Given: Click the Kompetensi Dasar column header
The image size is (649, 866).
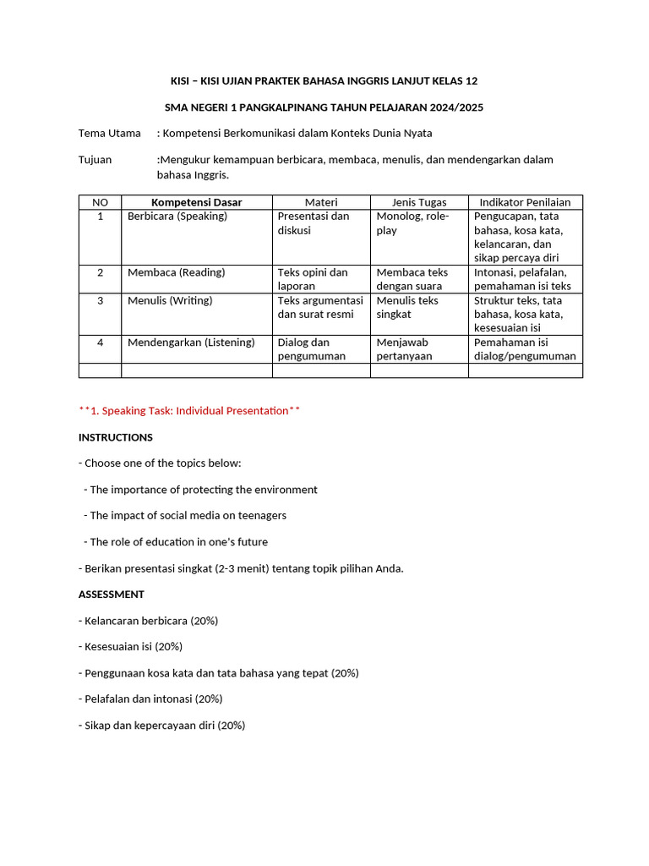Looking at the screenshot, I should coord(196,202).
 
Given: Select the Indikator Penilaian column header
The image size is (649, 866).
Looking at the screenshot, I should coord(525,202).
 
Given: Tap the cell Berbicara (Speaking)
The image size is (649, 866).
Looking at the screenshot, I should coord(177,216).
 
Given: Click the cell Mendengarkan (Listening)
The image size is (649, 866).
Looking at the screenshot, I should coord(191,343).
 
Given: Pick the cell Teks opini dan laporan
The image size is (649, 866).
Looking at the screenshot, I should coord(313,279).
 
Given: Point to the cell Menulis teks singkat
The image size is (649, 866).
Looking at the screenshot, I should coord(407,307).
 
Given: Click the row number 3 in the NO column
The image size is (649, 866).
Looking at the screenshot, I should coord(100,301).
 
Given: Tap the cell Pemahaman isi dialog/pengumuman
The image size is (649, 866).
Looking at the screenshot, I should coord(525,349).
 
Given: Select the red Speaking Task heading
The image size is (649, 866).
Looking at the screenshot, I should coord(189,411).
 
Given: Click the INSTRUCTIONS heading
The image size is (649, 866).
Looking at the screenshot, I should coord(116,437).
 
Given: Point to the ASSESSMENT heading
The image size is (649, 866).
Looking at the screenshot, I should coord(112,594).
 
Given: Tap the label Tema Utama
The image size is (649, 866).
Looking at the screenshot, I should coord(110,133).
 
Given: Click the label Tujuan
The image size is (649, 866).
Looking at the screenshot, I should coord(95,159).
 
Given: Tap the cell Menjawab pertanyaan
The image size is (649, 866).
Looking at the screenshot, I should coord(405,349).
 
